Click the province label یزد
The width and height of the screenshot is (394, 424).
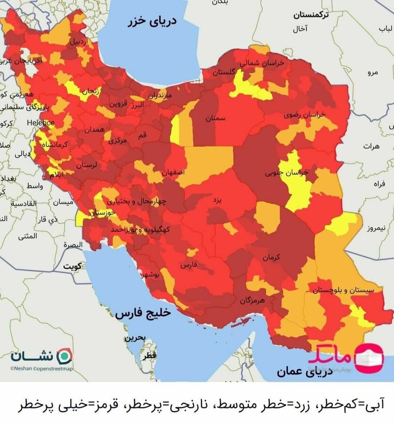(x=217, y=200)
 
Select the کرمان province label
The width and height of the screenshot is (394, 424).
(x=271, y=257)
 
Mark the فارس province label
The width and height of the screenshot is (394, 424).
(x=188, y=265)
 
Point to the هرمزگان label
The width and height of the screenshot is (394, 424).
(x=253, y=300)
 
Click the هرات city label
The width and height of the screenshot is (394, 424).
(x=370, y=147)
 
